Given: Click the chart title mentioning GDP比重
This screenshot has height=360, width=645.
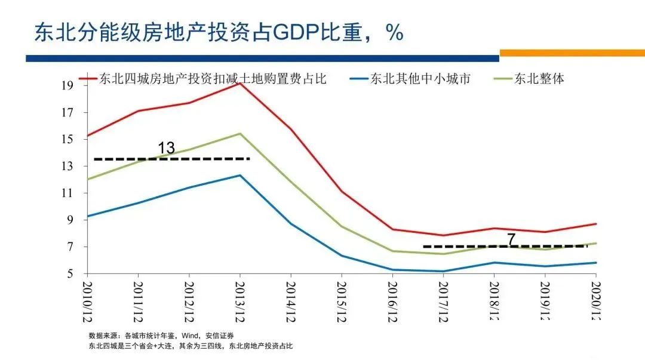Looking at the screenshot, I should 219,32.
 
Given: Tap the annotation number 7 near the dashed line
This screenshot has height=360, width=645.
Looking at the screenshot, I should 511,239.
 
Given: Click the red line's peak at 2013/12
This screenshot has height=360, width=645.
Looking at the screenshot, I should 239,83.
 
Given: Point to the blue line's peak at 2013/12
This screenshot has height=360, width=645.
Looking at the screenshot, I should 239,175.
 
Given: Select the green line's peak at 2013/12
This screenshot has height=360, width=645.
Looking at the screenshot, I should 239,133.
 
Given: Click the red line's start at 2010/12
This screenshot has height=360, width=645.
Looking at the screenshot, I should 87,136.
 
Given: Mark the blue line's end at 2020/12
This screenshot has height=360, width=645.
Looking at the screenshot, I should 595,263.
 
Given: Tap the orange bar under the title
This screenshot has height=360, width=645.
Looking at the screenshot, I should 572,53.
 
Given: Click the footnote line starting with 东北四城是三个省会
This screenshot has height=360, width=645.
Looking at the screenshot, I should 191,346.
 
